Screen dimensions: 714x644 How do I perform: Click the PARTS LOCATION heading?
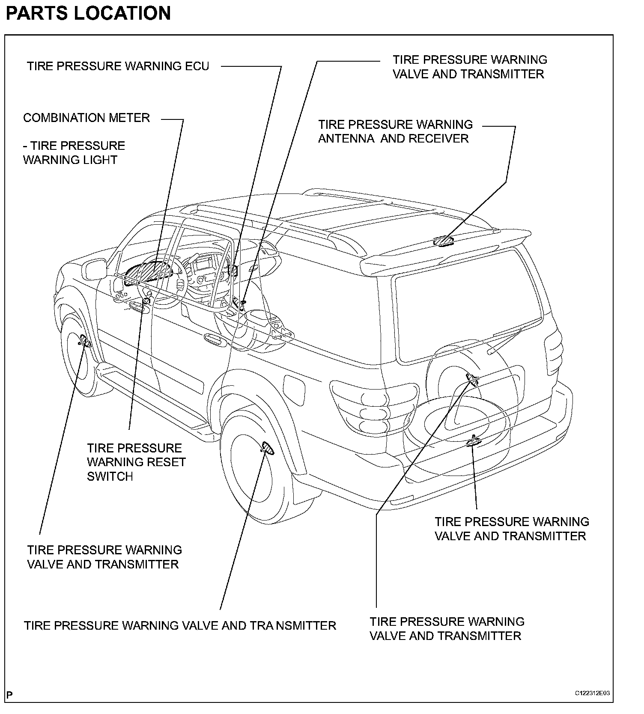88,13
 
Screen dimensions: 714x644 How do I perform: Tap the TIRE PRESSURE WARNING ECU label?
118,66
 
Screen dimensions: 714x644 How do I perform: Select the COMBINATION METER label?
86,118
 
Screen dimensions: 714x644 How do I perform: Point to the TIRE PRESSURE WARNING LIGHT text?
74,153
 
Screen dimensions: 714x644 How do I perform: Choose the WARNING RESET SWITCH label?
136,462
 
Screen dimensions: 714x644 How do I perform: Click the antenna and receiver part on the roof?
444,242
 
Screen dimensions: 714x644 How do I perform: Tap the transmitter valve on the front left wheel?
83,341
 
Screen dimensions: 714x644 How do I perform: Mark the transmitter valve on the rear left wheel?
268,448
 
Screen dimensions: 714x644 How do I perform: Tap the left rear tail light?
373,402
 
